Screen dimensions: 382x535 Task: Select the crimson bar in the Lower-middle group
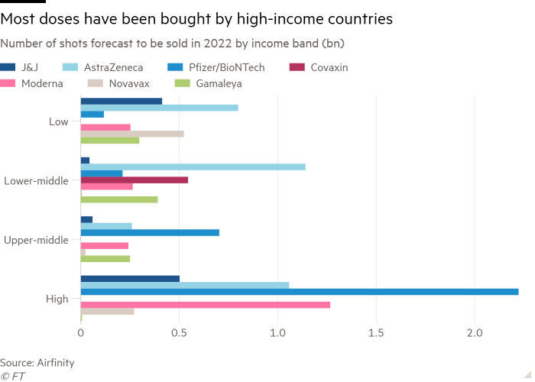(x=135, y=180)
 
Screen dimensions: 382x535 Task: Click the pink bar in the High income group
(x=206, y=305)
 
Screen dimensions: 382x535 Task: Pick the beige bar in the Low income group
(x=132, y=134)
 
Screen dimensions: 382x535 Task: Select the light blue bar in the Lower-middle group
(x=193, y=167)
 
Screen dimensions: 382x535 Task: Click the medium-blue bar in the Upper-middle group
(x=150, y=232)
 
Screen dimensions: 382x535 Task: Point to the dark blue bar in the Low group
(x=122, y=101)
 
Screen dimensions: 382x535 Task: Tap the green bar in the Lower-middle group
(x=119, y=200)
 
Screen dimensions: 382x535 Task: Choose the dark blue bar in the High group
(x=130, y=278)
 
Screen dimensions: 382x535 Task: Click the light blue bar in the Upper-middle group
(x=106, y=226)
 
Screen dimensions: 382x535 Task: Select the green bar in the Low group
(x=110, y=141)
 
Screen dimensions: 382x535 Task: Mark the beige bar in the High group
(x=108, y=311)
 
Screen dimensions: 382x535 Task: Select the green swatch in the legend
(x=184, y=83)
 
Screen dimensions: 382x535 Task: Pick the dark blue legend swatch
(x=10, y=68)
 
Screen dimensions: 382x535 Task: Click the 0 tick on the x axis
(x=81, y=335)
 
